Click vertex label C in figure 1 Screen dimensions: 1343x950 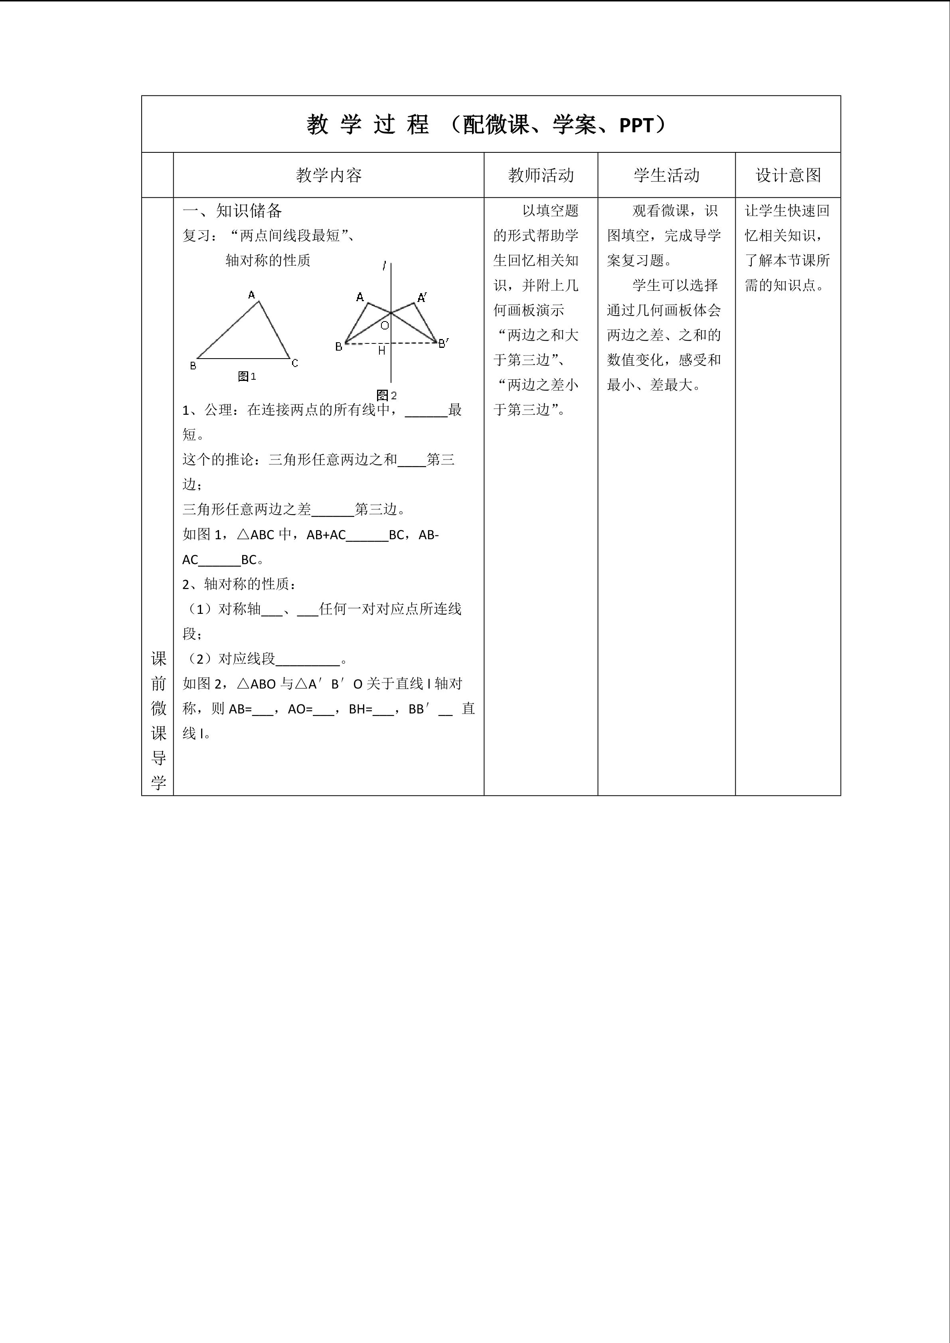click(x=295, y=363)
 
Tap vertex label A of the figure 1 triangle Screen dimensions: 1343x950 click(x=251, y=295)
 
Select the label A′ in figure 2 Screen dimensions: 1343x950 click(x=422, y=298)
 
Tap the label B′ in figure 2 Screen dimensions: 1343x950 click(x=443, y=343)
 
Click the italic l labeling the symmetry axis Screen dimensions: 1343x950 click(x=384, y=266)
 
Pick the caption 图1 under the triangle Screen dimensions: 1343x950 click(x=247, y=377)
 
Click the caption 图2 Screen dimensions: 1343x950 click(x=387, y=395)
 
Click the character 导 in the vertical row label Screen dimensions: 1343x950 click(x=158, y=758)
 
